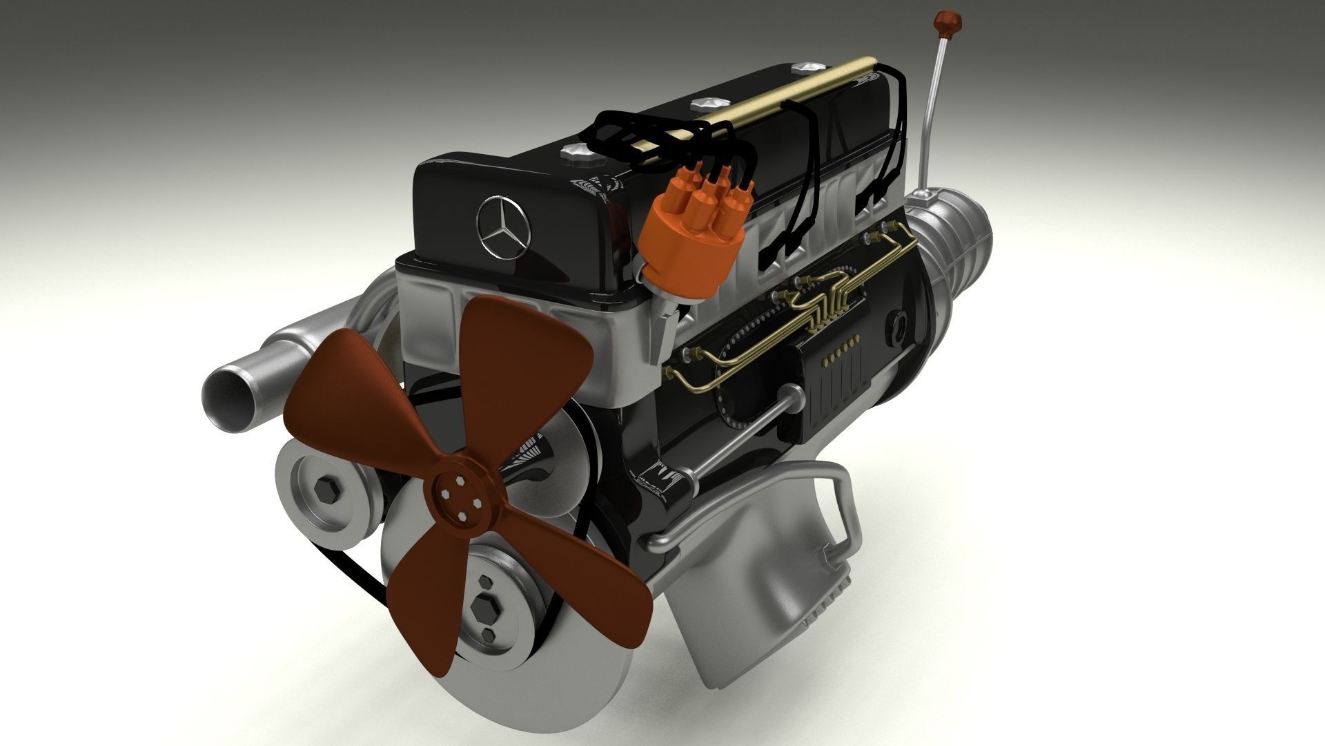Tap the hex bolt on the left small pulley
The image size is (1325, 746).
click(324, 491)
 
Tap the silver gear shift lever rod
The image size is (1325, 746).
click(932, 117)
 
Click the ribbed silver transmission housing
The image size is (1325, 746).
click(959, 249)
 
